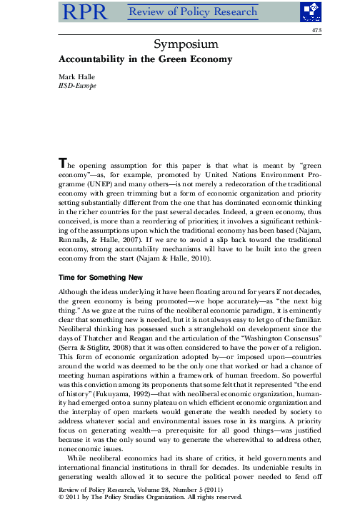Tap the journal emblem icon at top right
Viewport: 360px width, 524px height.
pos(309,11)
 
